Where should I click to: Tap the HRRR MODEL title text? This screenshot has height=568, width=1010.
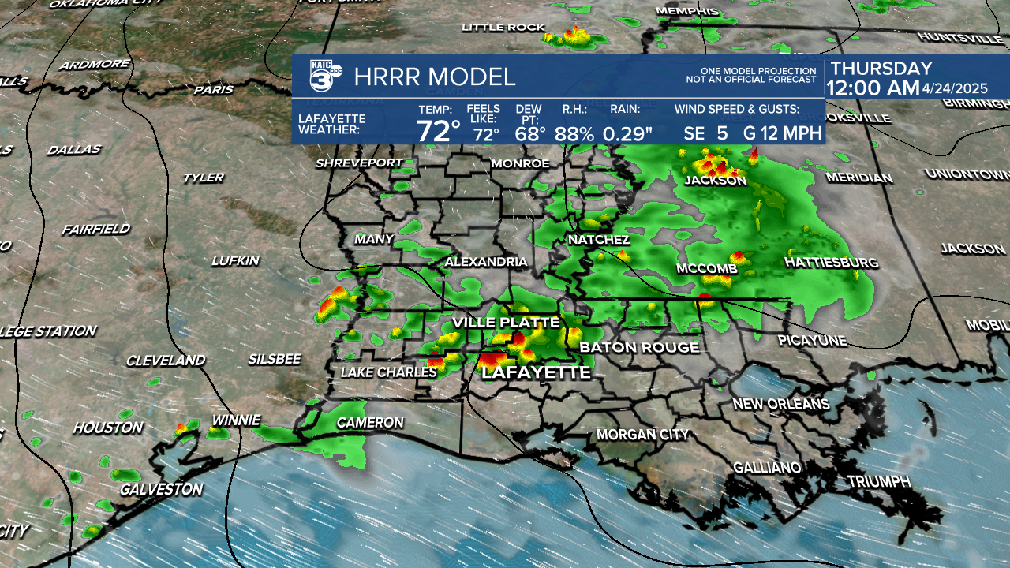pyautogui.click(x=435, y=77)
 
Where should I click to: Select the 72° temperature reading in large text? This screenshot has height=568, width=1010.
pyautogui.click(x=438, y=131)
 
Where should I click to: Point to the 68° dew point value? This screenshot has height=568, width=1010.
pyautogui.click(x=530, y=133)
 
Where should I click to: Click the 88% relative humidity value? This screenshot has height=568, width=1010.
pyautogui.click(x=574, y=133)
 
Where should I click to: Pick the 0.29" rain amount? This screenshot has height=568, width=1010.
pyautogui.click(x=628, y=133)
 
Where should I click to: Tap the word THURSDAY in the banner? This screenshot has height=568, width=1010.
pyautogui.click(x=881, y=69)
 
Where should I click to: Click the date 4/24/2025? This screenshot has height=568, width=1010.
pyautogui.click(x=955, y=88)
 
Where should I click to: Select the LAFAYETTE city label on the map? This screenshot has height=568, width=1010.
pyautogui.click(x=536, y=372)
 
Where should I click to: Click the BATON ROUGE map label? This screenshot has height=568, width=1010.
pyautogui.click(x=639, y=347)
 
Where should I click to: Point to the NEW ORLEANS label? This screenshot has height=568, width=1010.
pyautogui.click(x=781, y=404)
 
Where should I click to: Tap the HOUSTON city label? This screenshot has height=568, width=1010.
pyautogui.click(x=108, y=428)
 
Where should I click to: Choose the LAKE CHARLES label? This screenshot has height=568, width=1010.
pyautogui.click(x=388, y=372)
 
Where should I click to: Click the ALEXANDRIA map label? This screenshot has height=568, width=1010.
pyautogui.click(x=486, y=261)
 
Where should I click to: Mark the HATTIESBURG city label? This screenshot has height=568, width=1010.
pyautogui.click(x=832, y=261)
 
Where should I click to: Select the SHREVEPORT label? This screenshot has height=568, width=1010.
pyautogui.click(x=359, y=163)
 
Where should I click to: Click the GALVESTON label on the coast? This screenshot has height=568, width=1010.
pyautogui.click(x=161, y=489)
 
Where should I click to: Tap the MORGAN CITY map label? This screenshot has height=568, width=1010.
pyautogui.click(x=642, y=434)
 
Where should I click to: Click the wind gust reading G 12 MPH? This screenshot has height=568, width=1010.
pyautogui.click(x=783, y=133)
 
